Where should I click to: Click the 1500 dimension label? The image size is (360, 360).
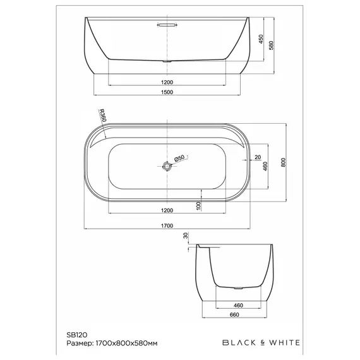tap(167, 92)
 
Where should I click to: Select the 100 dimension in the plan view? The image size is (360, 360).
tap(198, 205)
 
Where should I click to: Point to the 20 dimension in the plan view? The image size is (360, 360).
tap(258, 157)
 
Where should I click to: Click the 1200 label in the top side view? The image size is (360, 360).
tap(167, 82)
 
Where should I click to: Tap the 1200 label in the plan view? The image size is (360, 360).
tap(167, 210)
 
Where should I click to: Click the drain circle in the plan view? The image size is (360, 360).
tap(167, 167)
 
